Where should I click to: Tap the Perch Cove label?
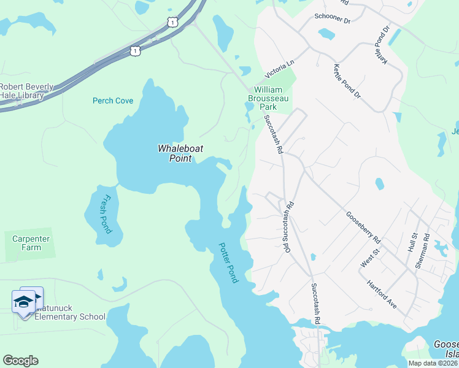[x=113, y=101]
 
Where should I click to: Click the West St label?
[x=367, y=260]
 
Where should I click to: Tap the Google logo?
[x=21, y=361]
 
